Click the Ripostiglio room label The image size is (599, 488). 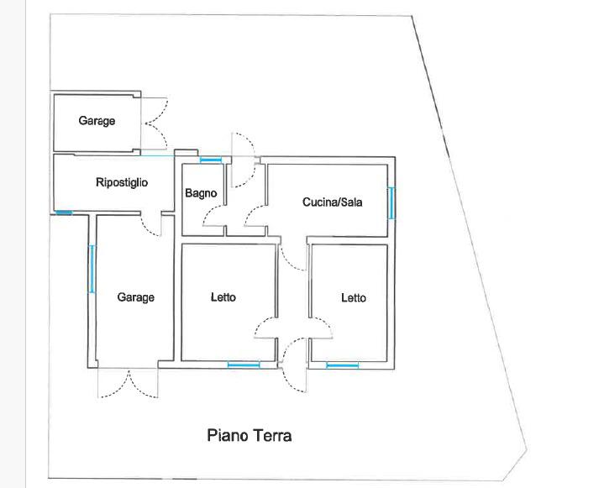click(x=122, y=182)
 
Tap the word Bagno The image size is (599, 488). click(x=201, y=193)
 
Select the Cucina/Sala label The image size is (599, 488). click(x=333, y=202)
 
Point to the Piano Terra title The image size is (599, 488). click(x=250, y=436)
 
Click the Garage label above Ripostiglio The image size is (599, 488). click(x=97, y=121)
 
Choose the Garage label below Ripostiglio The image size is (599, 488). click(x=135, y=297)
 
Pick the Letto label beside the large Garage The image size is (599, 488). click(x=223, y=297)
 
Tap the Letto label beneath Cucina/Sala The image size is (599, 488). click(x=354, y=298)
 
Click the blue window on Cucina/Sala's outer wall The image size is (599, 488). click(x=391, y=202)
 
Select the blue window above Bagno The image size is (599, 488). click(x=211, y=159)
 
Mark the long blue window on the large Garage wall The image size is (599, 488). click(x=92, y=269)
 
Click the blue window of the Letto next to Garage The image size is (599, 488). click(x=244, y=365)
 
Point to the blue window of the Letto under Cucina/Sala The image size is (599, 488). click(x=343, y=365)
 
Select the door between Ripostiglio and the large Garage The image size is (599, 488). click(x=152, y=225)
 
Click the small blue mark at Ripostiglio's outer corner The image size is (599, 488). click(x=64, y=213)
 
